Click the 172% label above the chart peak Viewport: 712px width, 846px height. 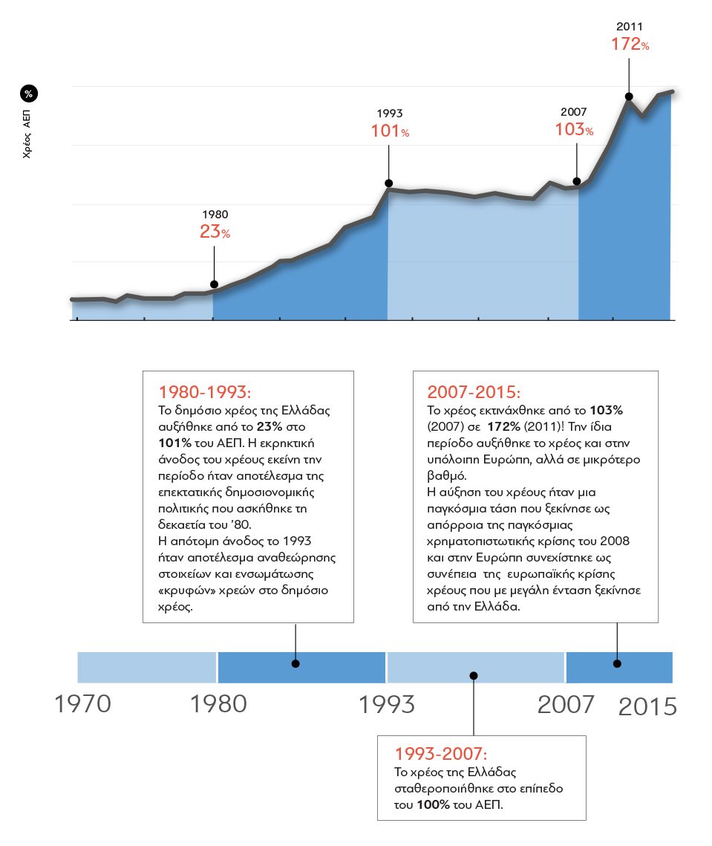tap(630, 45)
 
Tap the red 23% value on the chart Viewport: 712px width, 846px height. tap(215, 232)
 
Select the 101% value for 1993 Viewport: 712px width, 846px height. tap(390, 131)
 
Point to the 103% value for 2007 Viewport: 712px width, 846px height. tap(574, 129)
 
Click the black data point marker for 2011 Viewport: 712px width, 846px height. tap(629, 96)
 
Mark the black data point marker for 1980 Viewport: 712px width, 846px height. tap(214, 284)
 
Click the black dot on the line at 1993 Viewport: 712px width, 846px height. tap(389, 183)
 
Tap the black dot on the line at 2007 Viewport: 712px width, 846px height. tap(577, 181)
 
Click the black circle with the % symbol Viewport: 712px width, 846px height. tap(29, 94)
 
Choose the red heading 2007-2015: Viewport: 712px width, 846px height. tap(474, 392)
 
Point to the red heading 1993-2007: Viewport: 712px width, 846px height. tap(442, 752)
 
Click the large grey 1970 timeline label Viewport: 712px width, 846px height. tap(82, 704)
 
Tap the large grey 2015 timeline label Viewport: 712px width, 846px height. tap(647, 706)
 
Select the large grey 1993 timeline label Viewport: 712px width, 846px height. tap(387, 704)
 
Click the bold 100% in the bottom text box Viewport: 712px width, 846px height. tap(433, 804)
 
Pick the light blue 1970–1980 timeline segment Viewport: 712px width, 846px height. tap(147, 667)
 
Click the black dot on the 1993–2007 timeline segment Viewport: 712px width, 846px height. tap(474, 675)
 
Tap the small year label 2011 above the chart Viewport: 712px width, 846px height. tap(630, 27)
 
